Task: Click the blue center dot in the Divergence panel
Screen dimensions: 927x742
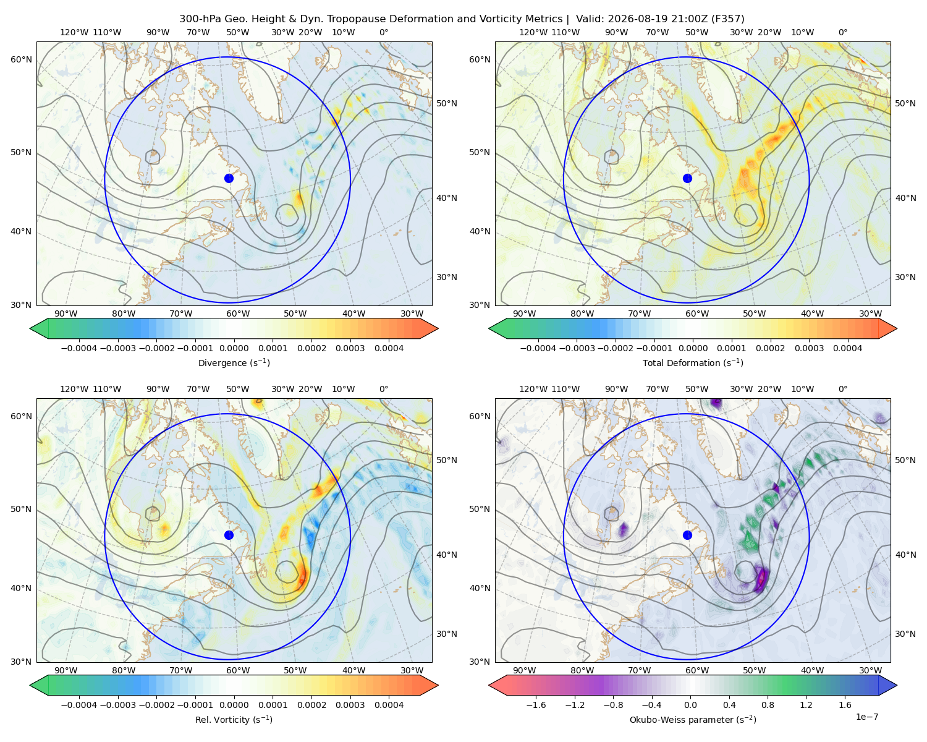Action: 229,178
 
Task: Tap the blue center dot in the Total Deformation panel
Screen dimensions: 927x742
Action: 687,178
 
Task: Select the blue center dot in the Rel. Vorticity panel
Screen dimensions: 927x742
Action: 229,535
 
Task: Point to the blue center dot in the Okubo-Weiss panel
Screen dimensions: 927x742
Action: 687,535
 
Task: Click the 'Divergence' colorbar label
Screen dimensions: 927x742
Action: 234,362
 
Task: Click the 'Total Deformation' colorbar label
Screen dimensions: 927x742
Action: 693,362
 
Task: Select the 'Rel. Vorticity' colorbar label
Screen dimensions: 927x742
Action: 234,719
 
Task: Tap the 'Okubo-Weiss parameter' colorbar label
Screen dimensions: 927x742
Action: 693,719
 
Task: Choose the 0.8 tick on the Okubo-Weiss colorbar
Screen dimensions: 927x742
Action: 768,705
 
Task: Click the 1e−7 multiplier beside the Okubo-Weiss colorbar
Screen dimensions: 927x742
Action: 866,717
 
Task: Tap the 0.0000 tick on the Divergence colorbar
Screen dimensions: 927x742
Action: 234,348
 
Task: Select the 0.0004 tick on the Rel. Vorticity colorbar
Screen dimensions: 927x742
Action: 389,705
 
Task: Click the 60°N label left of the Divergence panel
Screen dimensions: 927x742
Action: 21,59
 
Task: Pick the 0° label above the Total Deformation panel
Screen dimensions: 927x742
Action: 842,32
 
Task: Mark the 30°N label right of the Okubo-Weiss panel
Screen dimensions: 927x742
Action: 905,634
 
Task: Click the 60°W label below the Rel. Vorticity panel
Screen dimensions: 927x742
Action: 238,670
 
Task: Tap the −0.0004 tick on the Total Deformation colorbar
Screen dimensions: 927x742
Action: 538,348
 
